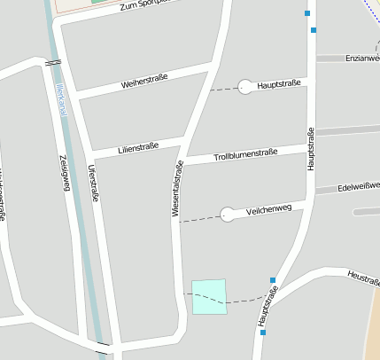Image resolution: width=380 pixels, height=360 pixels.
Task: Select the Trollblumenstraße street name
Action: (245, 155)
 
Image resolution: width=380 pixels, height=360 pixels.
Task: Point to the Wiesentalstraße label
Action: (177, 189)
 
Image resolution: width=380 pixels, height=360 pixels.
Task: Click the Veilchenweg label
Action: (269, 209)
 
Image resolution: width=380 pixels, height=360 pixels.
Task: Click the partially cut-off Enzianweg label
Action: (363, 57)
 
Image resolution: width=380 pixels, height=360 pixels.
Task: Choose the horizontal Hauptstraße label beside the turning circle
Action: (279, 85)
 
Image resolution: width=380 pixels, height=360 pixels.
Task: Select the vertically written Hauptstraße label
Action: (310, 149)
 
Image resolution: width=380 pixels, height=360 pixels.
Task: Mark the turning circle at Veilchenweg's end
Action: (228, 214)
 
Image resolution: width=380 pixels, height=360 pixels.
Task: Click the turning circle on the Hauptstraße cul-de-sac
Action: (245, 87)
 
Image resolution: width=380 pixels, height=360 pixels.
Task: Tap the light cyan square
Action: (209, 296)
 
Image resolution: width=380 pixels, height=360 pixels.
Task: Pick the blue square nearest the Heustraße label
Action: (273, 280)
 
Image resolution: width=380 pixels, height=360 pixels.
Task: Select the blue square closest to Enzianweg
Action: (314, 30)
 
